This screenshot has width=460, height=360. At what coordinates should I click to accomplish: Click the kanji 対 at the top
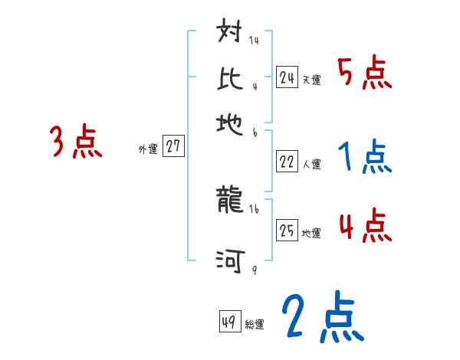click(231, 35)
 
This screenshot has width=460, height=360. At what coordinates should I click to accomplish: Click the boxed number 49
click(229, 322)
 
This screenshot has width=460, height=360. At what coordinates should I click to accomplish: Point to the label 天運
click(311, 79)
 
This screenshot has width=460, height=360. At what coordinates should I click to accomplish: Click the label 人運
click(311, 163)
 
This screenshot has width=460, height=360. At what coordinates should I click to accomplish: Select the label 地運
click(311, 232)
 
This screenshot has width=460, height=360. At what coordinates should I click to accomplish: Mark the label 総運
click(255, 324)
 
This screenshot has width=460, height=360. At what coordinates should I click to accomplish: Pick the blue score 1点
click(364, 158)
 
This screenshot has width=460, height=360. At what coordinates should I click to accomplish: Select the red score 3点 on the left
click(76, 142)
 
